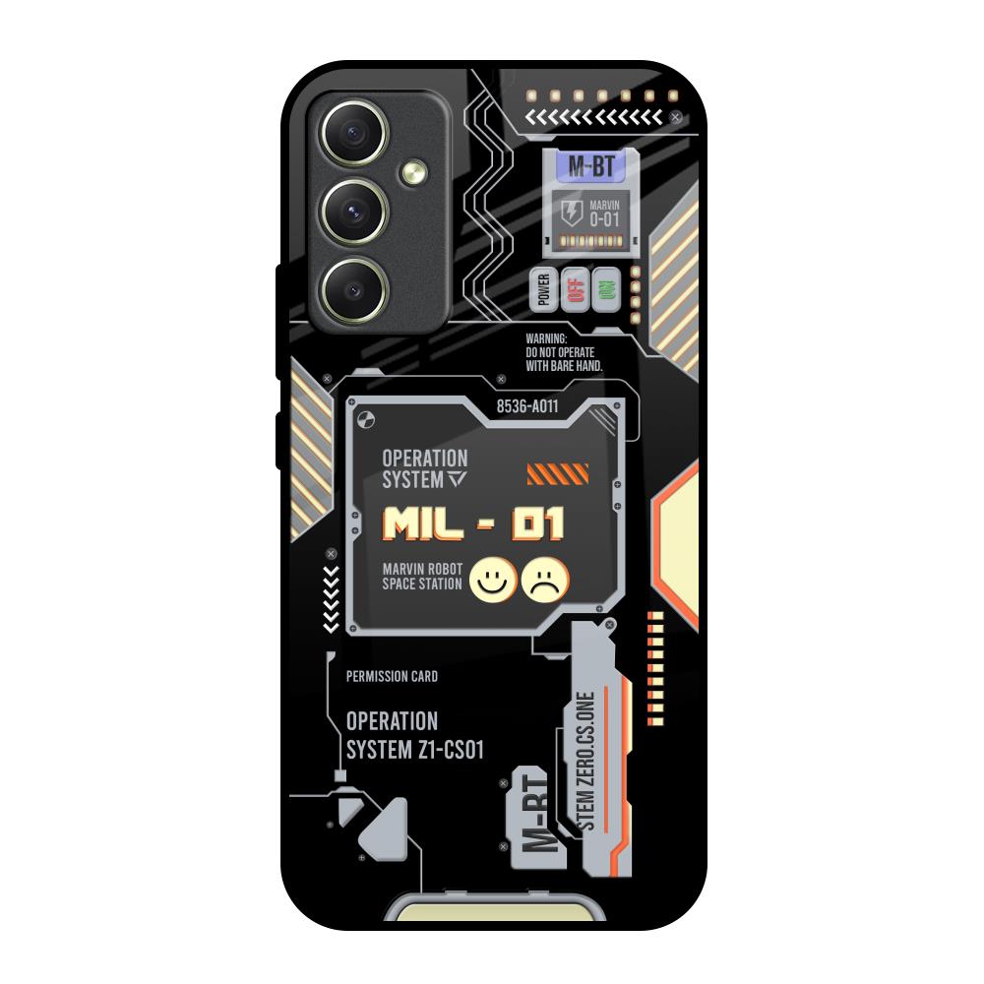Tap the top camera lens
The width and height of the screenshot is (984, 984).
point(354,133)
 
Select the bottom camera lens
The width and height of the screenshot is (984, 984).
point(354,290)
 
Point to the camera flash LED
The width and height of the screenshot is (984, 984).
point(414,172)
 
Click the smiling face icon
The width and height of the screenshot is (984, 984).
point(493,580)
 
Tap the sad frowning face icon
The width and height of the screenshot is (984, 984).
point(545,580)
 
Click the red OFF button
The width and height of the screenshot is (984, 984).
point(576,289)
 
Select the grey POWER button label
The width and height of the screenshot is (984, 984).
point(544,289)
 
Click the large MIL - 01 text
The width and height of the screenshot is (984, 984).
point(473,524)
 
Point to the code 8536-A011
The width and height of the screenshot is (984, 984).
point(527,406)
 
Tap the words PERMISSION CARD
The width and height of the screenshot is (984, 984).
point(393,677)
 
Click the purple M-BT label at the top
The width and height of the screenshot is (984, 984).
point(591,166)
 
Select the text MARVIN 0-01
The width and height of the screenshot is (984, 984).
point(604,214)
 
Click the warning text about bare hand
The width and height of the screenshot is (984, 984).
point(564,352)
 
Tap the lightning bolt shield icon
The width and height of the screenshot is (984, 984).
point(571,214)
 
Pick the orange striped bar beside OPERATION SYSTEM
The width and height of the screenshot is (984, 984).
point(558,474)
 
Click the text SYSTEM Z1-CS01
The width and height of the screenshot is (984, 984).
point(415,750)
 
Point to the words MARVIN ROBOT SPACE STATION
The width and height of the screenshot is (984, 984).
point(422,576)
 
